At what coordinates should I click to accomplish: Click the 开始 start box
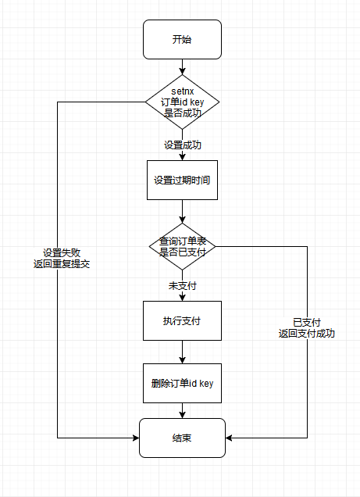coord(182,39)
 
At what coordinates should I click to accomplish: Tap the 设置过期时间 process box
coord(182,180)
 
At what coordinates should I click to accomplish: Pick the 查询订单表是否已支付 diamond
coord(182,247)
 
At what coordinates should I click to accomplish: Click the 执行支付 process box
coord(182,320)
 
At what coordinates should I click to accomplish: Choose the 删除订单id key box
coord(182,384)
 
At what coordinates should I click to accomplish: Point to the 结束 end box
coord(182,438)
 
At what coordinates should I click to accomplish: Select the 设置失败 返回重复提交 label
coord(67,259)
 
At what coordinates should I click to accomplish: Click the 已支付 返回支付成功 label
coord(307,327)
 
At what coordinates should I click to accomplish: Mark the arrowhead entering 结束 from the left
coord(135,438)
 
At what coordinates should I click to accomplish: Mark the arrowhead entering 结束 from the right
coord(230,438)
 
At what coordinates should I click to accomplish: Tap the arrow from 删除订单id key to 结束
coord(182,410)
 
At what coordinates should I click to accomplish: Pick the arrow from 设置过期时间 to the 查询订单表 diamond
coord(182,211)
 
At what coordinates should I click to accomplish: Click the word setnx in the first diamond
coord(182,91)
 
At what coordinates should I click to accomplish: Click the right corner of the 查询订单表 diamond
coord(215,247)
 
